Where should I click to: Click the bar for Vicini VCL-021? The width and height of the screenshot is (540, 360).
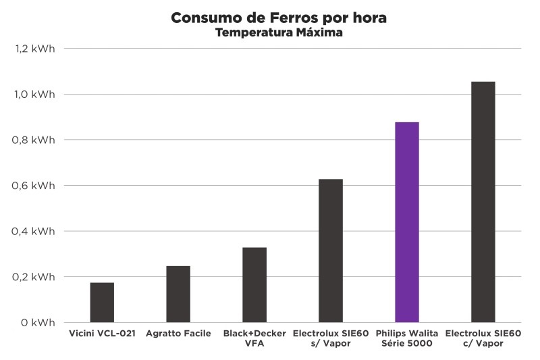(102, 302)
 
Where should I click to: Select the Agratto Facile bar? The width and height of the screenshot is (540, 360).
(178, 294)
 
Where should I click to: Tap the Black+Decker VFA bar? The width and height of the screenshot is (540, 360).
(254, 284)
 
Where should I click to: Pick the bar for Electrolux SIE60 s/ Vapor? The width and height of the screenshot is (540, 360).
(331, 251)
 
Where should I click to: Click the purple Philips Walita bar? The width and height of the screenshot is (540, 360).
(407, 222)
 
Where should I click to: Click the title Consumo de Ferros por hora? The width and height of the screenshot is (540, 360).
(279, 18)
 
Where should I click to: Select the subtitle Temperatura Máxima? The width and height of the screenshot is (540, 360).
(279, 32)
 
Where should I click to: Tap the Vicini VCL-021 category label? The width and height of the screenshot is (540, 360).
(102, 334)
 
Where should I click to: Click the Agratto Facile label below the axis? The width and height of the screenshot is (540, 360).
(178, 334)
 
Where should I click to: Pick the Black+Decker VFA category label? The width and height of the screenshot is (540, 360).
(254, 338)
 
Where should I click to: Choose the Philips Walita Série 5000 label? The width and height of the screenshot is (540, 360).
(407, 338)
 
